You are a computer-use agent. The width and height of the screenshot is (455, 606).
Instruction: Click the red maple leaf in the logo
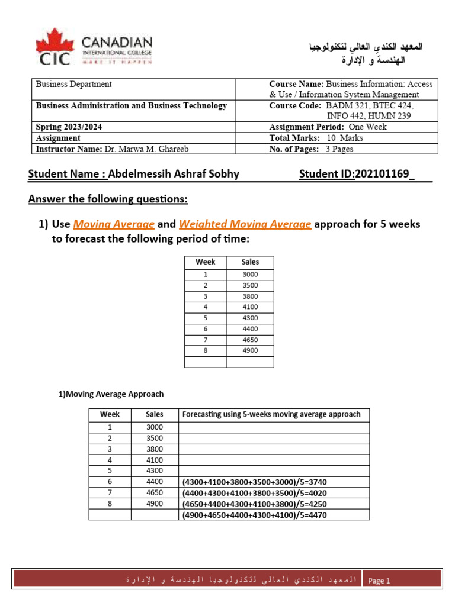[x=55, y=41]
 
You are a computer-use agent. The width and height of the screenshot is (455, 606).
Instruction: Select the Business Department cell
[x=74, y=85]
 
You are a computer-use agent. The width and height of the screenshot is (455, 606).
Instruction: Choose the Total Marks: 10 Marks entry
[x=316, y=138]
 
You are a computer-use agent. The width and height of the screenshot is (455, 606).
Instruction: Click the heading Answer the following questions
[x=108, y=199]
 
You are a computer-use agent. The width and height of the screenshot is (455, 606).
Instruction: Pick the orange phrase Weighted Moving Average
[x=245, y=224]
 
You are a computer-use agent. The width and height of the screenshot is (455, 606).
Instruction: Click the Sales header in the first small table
[x=250, y=262]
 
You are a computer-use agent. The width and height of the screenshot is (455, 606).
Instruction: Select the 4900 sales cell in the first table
[x=250, y=350]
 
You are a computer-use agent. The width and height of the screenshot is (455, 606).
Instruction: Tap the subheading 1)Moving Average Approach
[x=111, y=394]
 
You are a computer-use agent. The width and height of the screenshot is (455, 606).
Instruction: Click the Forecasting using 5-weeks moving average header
[x=271, y=414]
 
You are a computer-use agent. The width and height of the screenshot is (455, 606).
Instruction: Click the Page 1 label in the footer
[x=379, y=581]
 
